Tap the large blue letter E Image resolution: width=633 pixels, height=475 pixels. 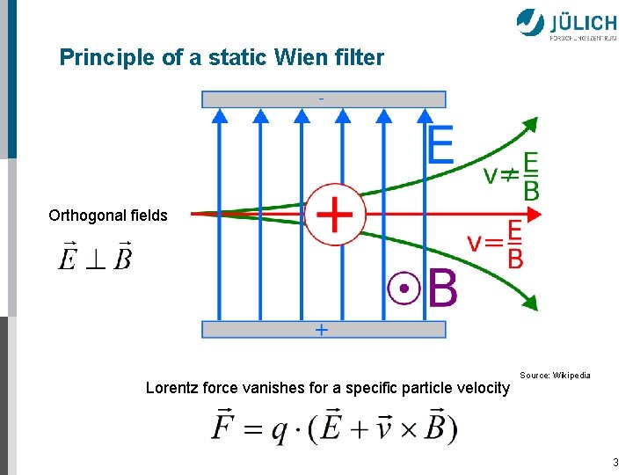coord(441,144)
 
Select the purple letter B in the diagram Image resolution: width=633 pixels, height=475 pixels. coord(442,289)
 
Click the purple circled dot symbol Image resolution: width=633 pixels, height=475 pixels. coord(404,288)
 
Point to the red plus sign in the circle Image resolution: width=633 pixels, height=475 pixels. coord(334,213)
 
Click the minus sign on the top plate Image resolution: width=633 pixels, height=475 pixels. coord(321,99)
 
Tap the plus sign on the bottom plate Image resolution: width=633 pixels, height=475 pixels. coord(322,330)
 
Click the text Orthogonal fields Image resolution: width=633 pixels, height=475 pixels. coord(108,216)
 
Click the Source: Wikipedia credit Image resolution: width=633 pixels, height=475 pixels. coord(555,376)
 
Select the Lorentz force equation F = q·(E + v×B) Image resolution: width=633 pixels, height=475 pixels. coord(334,427)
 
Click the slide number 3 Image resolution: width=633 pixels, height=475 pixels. coord(615,462)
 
